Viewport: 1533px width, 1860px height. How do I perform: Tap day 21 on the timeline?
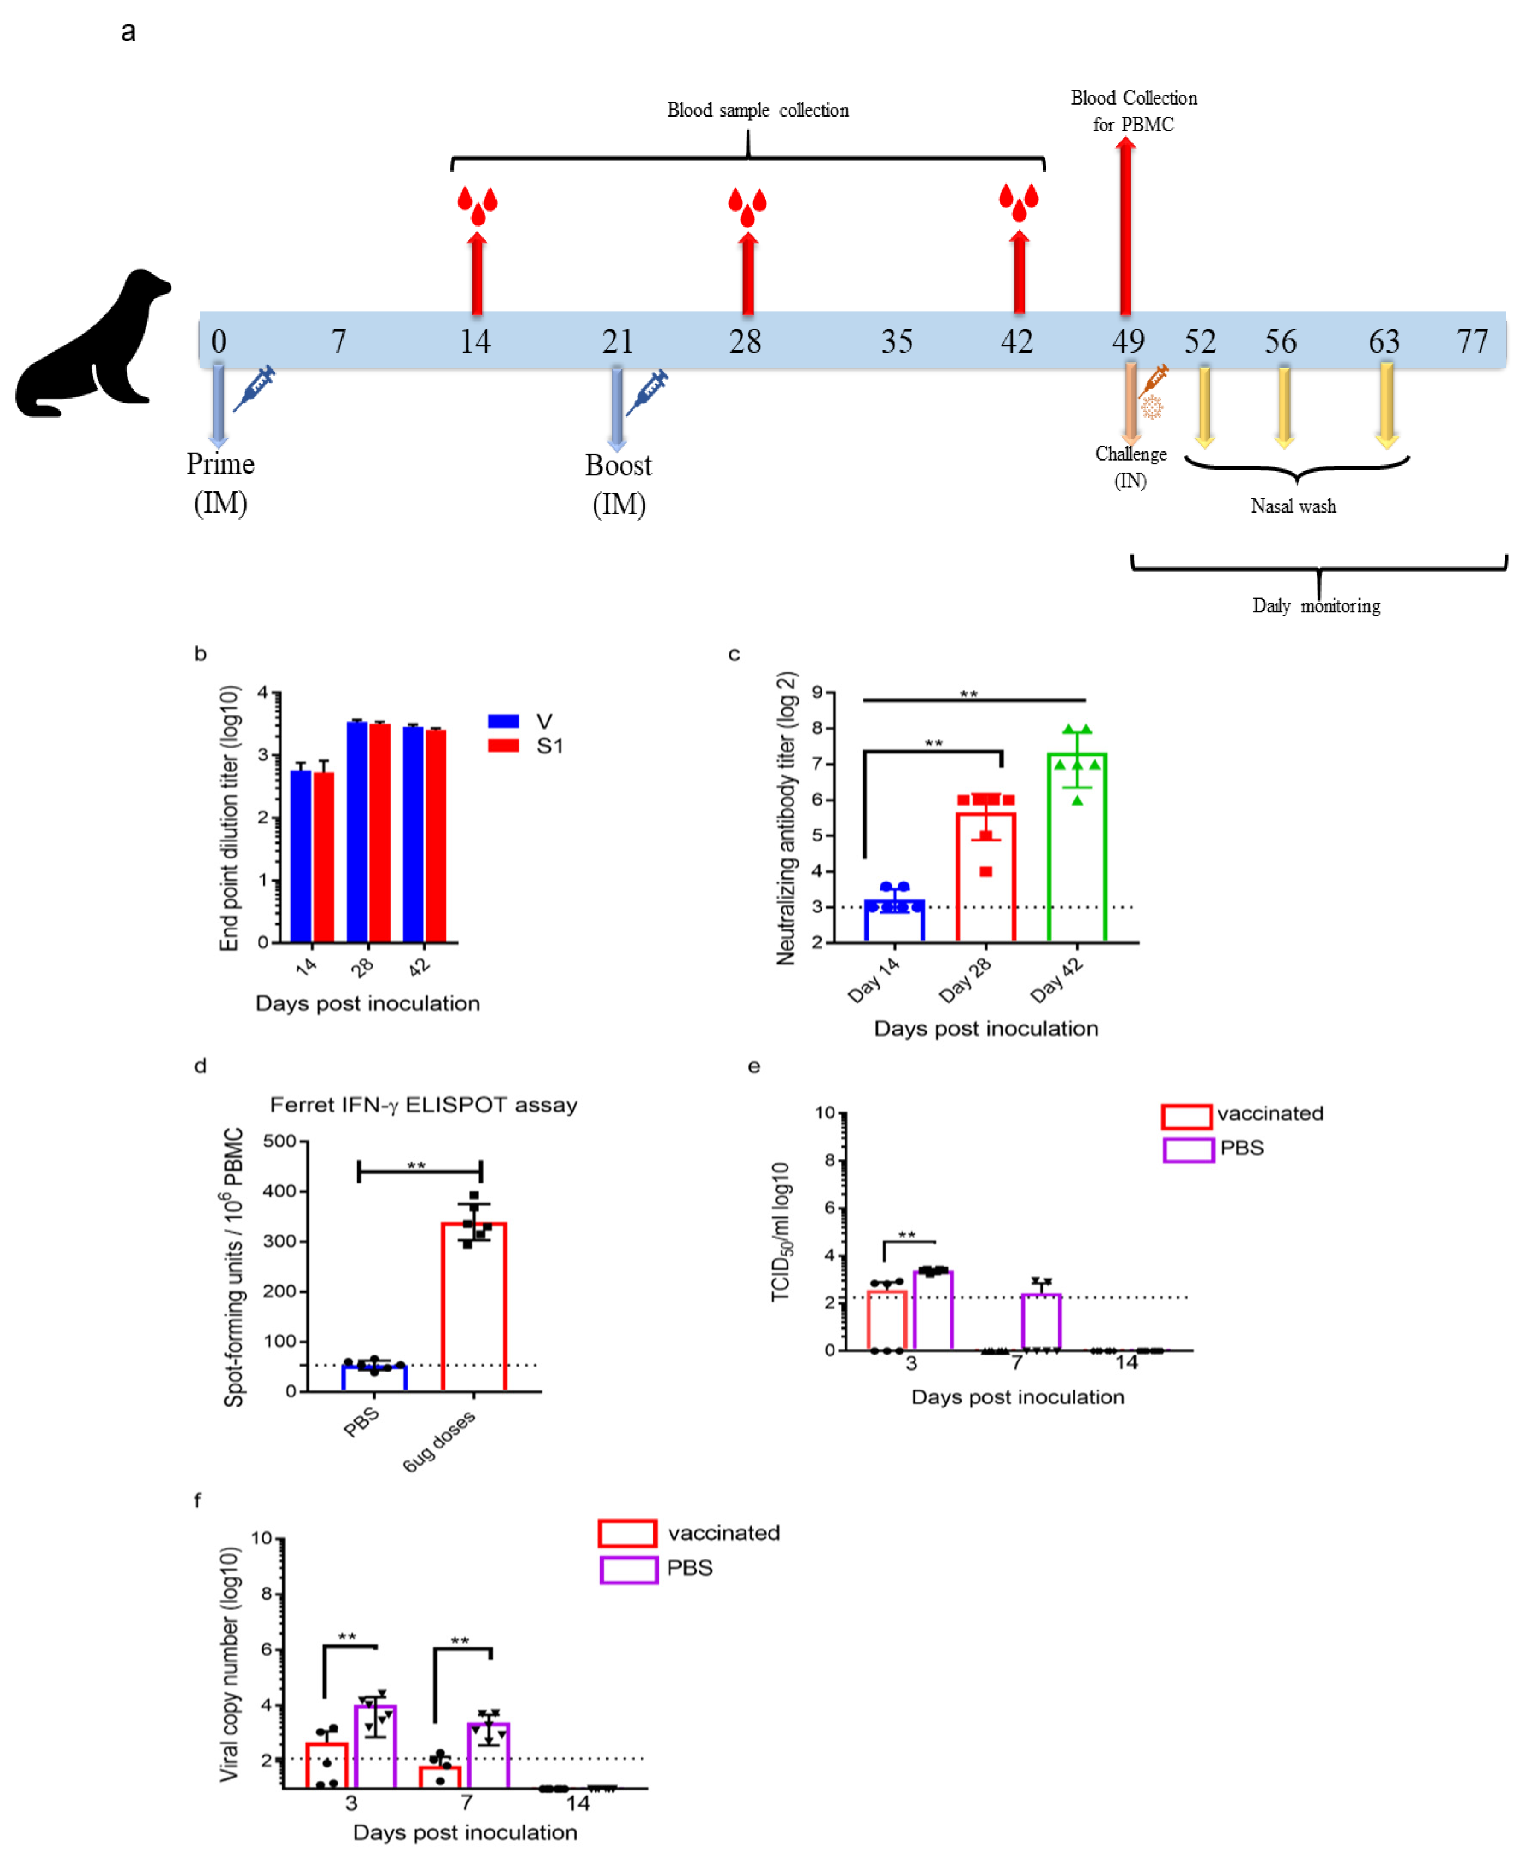point(617,341)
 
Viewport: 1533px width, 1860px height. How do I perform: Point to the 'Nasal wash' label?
point(1293,506)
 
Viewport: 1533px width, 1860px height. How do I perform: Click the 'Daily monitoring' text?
point(1316,606)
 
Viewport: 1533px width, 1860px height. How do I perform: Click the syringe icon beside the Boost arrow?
point(647,392)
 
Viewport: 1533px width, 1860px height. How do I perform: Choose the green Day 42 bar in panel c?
point(1076,848)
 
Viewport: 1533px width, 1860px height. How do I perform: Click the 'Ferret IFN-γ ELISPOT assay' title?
point(424,1105)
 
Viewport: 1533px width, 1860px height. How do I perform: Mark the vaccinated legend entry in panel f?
point(689,1533)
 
